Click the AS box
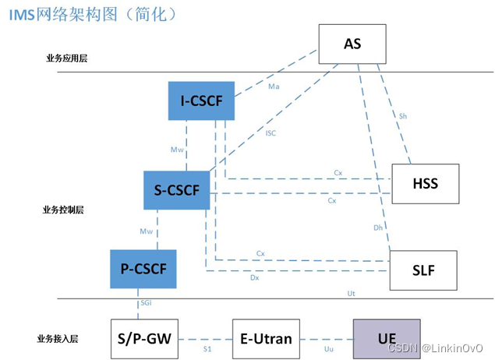(352, 44)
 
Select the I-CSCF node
(201, 101)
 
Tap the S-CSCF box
(176, 190)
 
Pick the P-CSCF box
(143, 269)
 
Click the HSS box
(425, 184)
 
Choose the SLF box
(423, 270)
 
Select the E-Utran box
(266, 338)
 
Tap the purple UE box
(387, 338)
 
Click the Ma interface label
(274, 86)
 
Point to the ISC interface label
(270, 133)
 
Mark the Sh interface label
(403, 116)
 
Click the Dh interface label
(378, 228)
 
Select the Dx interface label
(254, 277)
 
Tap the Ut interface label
(352, 293)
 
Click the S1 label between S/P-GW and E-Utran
(207, 349)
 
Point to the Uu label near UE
(328, 349)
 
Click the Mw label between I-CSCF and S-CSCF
(176, 148)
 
